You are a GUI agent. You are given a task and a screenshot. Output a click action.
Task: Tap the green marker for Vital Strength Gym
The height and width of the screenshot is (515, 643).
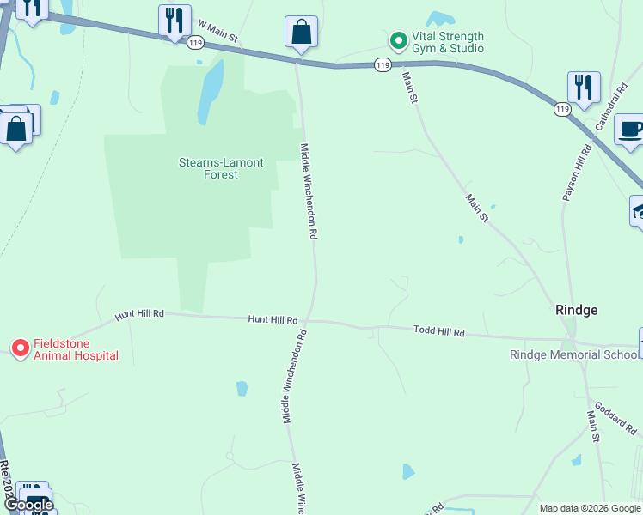[x=398, y=40]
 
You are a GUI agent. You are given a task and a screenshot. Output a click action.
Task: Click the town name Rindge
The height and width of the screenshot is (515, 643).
[x=576, y=310]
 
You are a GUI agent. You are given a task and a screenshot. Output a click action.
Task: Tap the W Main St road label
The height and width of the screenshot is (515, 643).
[x=217, y=33]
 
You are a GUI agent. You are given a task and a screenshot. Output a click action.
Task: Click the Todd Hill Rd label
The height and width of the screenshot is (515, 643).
[x=438, y=331]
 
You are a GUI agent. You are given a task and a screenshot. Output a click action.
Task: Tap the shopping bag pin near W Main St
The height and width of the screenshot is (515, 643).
[x=301, y=33]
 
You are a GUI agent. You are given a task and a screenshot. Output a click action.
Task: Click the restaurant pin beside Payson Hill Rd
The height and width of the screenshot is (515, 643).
[x=584, y=87]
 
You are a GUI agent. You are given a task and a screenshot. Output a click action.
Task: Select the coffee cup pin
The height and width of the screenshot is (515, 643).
[x=631, y=130]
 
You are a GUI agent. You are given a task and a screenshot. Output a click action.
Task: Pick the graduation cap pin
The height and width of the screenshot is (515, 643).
[x=638, y=210]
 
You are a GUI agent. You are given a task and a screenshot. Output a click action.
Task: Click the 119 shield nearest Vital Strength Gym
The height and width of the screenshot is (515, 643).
[x=383, y=65]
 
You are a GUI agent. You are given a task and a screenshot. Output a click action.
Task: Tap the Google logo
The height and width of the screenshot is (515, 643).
[x=28, y=506]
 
